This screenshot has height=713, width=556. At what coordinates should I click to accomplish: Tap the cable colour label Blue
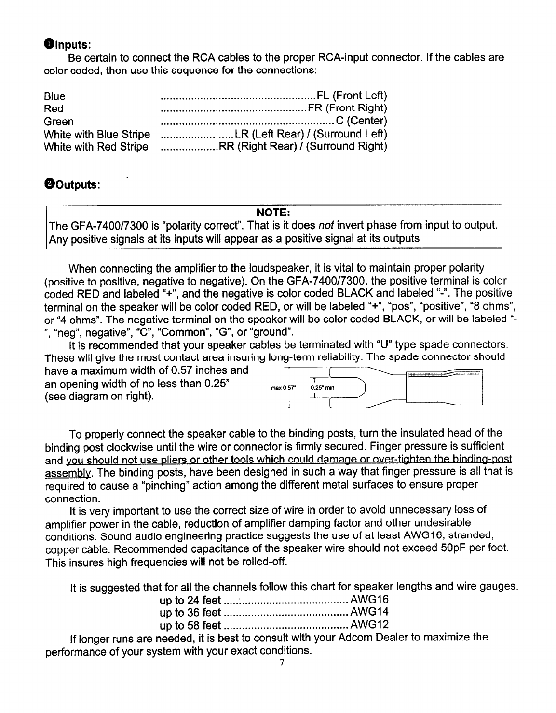click(x=54, y=96)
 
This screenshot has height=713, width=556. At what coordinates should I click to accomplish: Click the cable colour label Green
click(x=59, y=121)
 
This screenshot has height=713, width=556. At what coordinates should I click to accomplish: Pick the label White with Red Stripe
click(x=96, y=147)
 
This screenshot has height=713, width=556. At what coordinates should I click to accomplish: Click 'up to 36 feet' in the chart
click(x=190, y=613)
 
